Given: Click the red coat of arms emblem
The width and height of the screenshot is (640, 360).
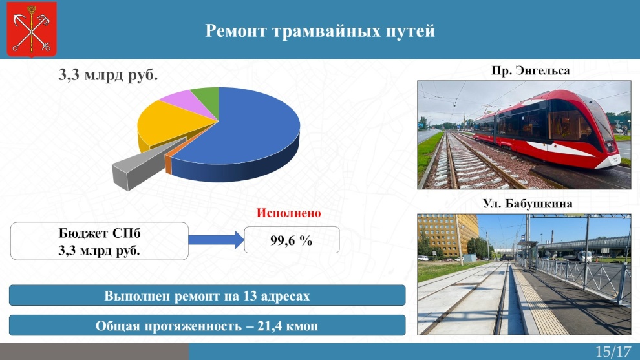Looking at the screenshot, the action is pyautogui.click(x=32, y=29).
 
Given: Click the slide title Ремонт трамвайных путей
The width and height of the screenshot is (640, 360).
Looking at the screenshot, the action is pyautogui.click(x=320, y=31).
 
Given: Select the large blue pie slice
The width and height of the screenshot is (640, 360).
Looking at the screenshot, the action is pyautogui.click(x=241, y=134).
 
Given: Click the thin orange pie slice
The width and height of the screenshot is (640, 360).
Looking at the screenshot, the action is pyautogui.click(x=168, y=164).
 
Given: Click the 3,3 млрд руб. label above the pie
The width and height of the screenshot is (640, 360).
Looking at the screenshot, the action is pyautogui.click(x=108, y=75).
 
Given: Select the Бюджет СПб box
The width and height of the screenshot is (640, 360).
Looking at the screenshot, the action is pyautogui.click(x=100, y=241).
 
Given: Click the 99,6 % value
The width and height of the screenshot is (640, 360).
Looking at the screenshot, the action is pyautogui.click(x=292, y=240).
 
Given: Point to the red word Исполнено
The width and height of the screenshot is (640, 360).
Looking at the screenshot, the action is pyautogui.click(x=288, y=213).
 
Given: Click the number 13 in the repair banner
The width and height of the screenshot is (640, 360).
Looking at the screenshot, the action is pyautogui.click(x=250, y=295).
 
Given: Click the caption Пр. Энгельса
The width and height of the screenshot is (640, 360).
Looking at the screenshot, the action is pyautogui.click(x=530, y=70).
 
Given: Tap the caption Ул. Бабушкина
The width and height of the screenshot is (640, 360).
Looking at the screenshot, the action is pyautogui.click(x=528, y=204).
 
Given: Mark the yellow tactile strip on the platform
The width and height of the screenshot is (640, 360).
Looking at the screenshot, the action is pyautogui.click(x=539, y=302).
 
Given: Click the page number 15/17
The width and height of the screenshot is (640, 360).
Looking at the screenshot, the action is pyautogui.click(x=613, y=352).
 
